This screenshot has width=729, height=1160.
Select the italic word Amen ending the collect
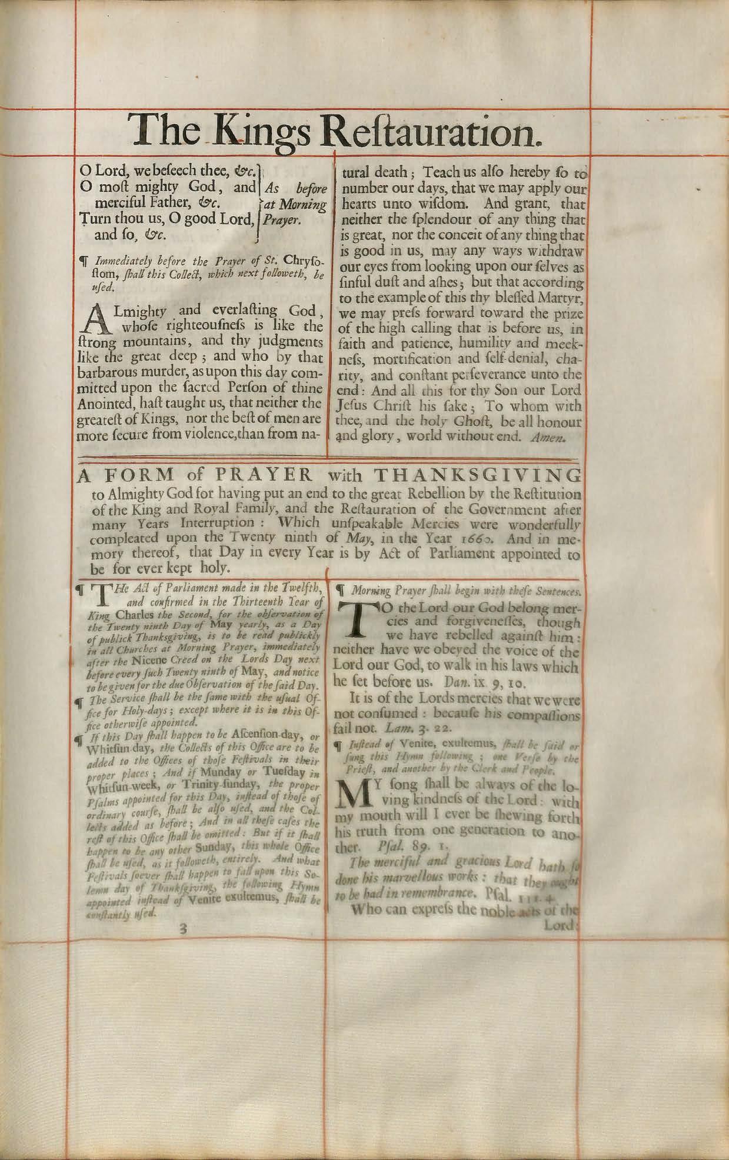pos(564,437)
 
